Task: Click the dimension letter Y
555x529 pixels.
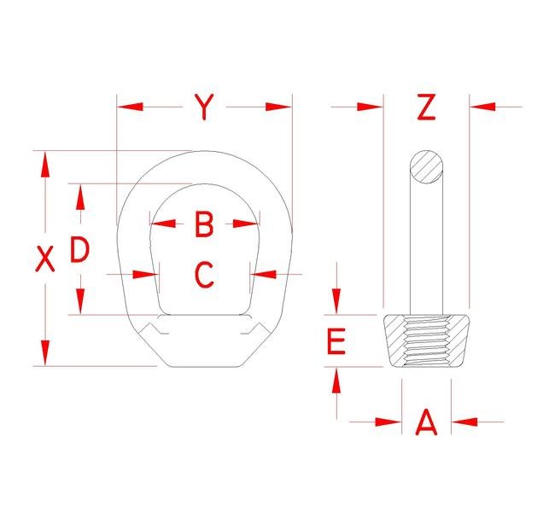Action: [203, 108]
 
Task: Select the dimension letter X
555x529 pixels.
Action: [44, 259]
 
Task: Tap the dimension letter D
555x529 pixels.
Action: [79, 251]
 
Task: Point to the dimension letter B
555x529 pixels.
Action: [203, 225]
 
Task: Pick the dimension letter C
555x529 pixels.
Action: [203, 275]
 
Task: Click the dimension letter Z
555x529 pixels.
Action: [426, 108]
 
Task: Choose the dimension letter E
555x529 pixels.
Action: [336, 341]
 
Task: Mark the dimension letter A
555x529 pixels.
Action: [426, 421]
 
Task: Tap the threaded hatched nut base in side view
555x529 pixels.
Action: [426, 340]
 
